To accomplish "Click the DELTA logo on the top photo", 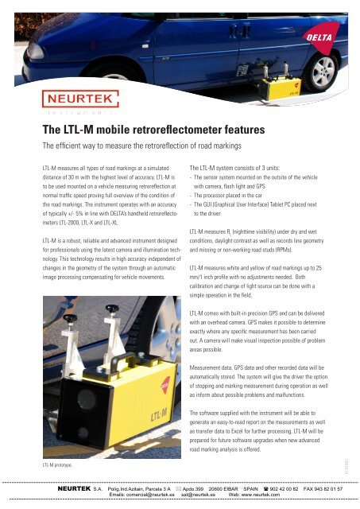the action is pyautogui.click(x=333, y=37).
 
